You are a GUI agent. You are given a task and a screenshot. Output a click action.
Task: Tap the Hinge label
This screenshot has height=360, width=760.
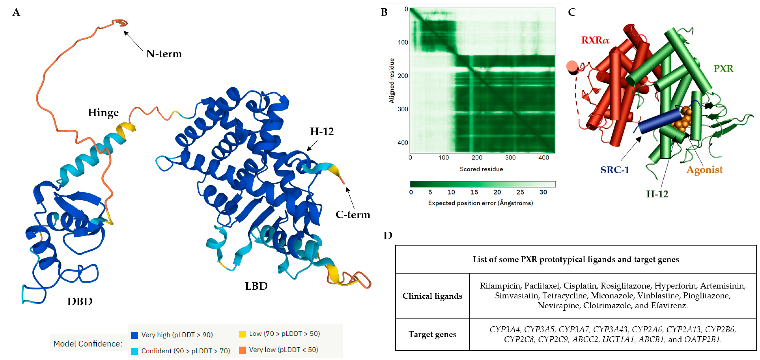click(x=103, y=113)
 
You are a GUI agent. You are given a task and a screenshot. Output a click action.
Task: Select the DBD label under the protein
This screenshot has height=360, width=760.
click(x=80, y=301)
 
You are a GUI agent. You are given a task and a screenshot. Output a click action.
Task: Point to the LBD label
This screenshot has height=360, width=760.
click(x=256, y=286)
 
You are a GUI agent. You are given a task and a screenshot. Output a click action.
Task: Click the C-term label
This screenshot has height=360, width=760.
click(x=353, y=215)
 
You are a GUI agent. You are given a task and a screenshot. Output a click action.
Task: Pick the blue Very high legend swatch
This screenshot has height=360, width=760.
click(x=134, y=335)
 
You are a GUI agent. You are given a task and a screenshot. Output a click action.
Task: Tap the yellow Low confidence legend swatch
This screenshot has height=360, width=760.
click(x=242, y=334)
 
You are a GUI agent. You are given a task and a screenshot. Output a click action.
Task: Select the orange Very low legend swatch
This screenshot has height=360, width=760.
click(x=242, y=350)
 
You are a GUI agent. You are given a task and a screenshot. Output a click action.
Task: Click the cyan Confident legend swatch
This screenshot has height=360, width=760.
click(x=134, y=351)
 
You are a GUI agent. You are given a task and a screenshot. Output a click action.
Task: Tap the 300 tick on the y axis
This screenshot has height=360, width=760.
click(x=403, y=109)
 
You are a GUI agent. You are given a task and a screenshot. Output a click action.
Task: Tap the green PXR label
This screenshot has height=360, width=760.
click(x=723, y=69)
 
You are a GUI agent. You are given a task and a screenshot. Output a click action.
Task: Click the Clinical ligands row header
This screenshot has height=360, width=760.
click(x=432, y=296)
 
